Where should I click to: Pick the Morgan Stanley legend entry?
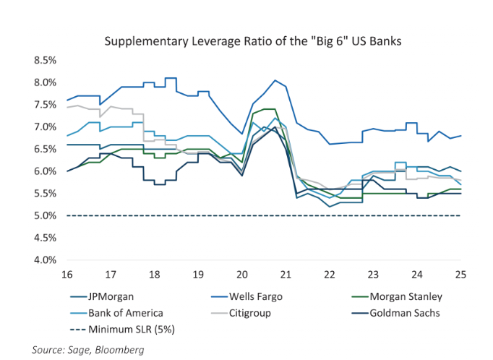point(406,296)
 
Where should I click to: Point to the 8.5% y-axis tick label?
point(45,60)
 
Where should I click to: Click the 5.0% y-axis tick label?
point(45,215)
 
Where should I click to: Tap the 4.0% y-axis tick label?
point(45,260)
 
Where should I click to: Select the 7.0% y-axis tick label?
point(45,127)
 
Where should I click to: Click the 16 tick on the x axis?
point(67,275)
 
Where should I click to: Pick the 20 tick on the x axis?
point(242,275)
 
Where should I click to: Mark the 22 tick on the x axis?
point(330,275)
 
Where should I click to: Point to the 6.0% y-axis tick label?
point(45,171)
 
